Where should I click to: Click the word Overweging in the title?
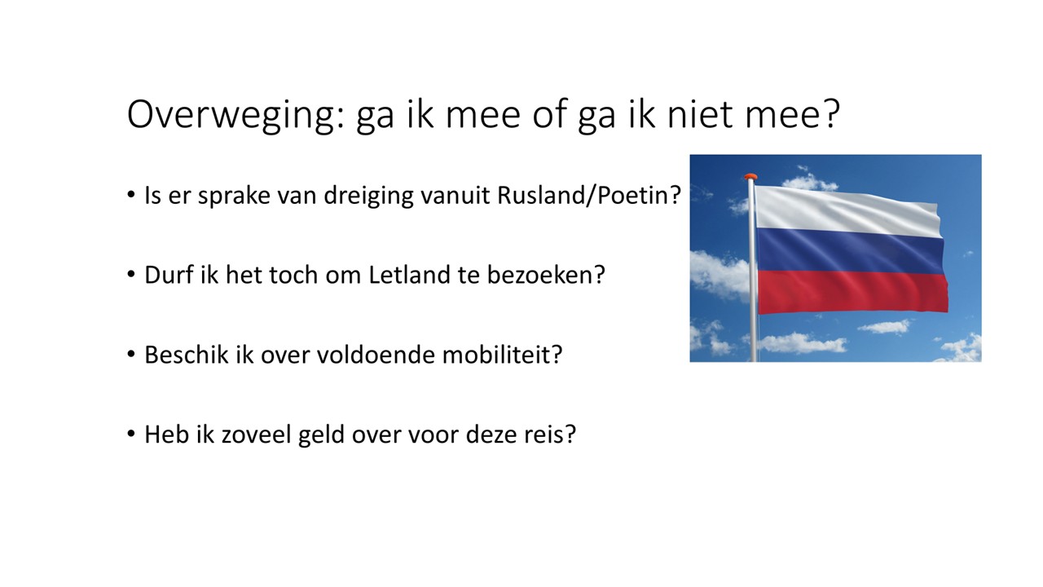[235, 115]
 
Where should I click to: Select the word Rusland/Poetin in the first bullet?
[589, 195]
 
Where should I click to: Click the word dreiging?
[369, 196]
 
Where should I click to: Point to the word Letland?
[410, 275]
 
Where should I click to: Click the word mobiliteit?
[502, 355]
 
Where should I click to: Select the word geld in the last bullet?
[321, 435]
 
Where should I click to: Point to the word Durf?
[169, 275]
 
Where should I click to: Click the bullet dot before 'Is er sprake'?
[131, 195]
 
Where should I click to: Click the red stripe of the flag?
[853, 293]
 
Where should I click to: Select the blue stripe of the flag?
[850, 252]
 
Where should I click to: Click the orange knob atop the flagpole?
[750, 177]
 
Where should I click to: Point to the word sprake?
[234, 196]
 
